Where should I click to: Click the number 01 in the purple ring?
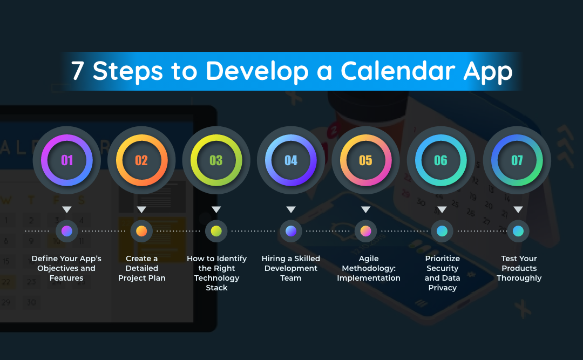point(67,160)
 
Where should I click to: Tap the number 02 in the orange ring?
point(141,160)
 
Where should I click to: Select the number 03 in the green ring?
point(216,160)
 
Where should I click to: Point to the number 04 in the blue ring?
point(291,160)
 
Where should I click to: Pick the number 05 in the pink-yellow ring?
point(365,160)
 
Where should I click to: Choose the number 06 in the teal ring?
point(440,160)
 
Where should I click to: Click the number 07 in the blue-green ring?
point(517,160)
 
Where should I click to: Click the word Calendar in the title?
point(398,71)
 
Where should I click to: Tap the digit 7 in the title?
point(77,71)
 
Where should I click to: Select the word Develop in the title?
point(257,71)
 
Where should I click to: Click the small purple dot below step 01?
point(67,231)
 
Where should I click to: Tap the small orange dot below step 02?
point(141,231)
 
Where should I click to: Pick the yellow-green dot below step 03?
point(216,231)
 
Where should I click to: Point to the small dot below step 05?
point(365,231)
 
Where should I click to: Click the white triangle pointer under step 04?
point(291,209)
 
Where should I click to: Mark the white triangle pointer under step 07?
point(518,209)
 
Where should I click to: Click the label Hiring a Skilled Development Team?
point(291,268)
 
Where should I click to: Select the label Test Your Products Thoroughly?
point(519,268)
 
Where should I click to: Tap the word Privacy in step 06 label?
point(443,288)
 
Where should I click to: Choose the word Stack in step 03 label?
point(217,288)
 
